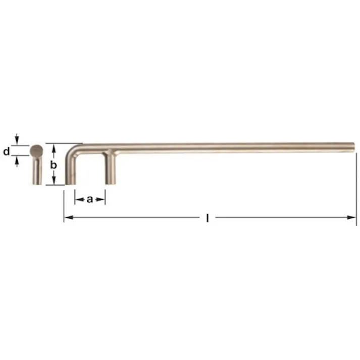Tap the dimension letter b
54,165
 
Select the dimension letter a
90,199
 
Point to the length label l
208,218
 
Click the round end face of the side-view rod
36,149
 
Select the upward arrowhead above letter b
54,147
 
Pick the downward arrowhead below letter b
54,181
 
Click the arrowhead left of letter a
78,199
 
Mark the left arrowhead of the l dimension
67,218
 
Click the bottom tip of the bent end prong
71,183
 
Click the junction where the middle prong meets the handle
110,153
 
